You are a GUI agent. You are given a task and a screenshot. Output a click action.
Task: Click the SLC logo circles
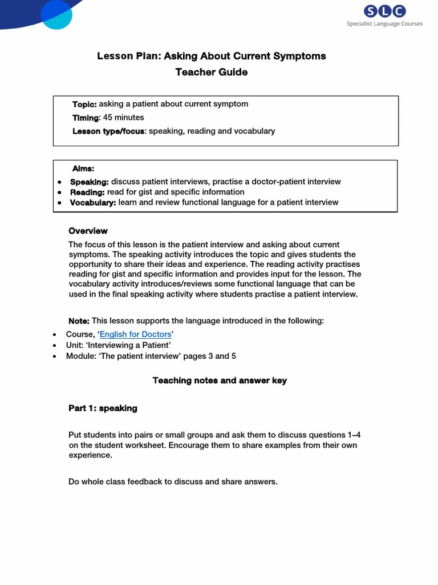385,11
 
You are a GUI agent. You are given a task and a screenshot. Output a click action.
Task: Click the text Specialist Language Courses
385,23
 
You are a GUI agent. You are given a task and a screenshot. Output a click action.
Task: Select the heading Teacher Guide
211,72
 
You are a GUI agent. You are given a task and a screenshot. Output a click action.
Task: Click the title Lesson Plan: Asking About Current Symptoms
211,56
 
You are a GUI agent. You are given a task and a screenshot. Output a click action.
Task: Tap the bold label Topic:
84,104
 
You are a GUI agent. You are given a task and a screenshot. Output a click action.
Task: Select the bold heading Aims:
83,169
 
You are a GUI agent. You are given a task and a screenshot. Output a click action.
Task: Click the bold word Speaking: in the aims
89,182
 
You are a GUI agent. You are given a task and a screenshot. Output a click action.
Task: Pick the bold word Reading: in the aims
87,192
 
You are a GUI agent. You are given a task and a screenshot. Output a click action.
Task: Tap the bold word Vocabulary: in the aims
93,202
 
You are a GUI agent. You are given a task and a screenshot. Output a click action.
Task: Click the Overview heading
88,231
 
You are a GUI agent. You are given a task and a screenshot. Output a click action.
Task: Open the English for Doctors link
135,334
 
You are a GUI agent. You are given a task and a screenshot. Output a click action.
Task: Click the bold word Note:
79,321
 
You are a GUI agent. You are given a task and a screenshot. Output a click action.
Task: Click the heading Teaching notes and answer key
220,380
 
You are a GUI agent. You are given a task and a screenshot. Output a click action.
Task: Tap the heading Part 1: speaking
103,408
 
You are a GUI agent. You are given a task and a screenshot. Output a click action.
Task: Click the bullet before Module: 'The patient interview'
54,356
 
